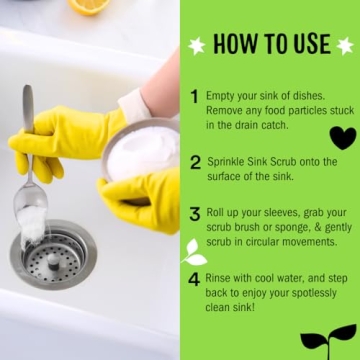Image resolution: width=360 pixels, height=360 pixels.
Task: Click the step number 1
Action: click(194, 97)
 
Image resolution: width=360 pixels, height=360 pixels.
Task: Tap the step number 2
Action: click(195, 161)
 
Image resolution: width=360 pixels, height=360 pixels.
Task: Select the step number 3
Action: click(195, 215)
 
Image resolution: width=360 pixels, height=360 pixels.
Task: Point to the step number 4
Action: click(194, 279)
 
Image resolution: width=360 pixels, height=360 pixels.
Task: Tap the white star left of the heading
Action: click(197, 45)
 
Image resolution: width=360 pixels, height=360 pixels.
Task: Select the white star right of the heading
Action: click(345, 45)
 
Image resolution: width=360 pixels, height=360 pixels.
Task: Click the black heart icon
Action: click(342, 137)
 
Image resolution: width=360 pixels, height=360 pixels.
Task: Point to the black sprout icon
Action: click(328, 337)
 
